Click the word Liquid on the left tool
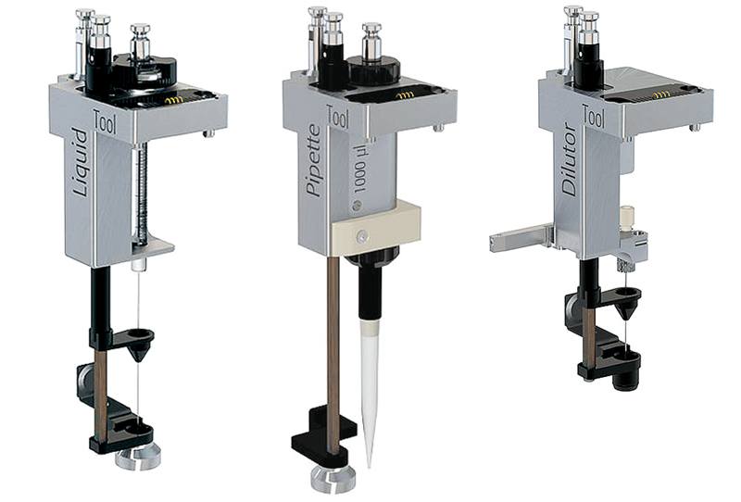pyautogui.click(x=82, y=162)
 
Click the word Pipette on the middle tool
pyautogui.click(x=313, y=161)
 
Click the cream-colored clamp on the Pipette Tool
pyautogui.click(x=376, y=228)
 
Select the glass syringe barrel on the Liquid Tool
pyautogui.click(x=141, y=194)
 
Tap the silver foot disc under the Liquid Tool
pyautogui.click(x=138, y=458)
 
